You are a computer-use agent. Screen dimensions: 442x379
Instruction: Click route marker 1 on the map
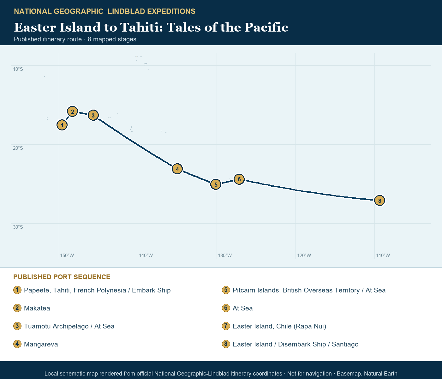coord(62,125)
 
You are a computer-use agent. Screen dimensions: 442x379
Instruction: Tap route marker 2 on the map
coord(72,111)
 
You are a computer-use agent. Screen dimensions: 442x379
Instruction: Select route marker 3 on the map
coord(93,116)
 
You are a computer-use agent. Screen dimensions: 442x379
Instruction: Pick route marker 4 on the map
coord(177,169)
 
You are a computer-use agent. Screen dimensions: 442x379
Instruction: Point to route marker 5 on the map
coord(216,184)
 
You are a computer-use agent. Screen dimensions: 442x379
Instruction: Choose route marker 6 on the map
coord(239,179)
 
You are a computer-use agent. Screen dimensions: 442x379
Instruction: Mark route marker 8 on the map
coord(379,201)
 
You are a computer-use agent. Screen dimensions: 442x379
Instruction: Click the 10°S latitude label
coord(18,69)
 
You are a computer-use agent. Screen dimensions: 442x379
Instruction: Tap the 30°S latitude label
coord(18,227)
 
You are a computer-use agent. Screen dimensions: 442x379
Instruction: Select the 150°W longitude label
coord(67,256)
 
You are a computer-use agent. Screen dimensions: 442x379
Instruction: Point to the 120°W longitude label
coord(304,256)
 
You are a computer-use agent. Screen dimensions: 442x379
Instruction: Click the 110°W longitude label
coord(383,256)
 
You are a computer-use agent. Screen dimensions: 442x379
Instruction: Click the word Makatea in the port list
coord(37,308)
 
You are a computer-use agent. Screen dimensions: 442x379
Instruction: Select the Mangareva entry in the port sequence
coord(41,344)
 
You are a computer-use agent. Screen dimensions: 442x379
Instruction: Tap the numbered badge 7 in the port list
coord(226,326)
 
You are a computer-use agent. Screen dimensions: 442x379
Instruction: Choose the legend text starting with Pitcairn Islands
coord(309,290)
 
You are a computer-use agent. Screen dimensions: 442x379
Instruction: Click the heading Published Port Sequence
coord(62,277)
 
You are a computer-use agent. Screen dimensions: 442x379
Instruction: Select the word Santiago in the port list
coord(345,344)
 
